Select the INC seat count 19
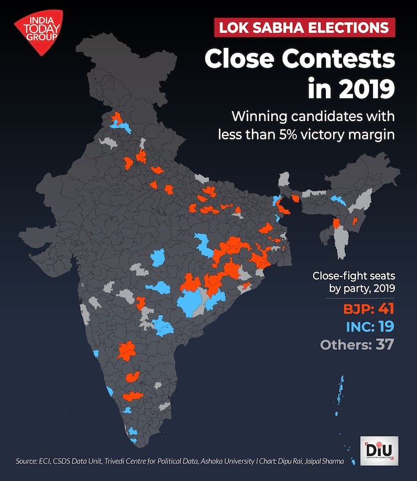pyautogui.click(x=383, y=327)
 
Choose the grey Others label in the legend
pyautogui.click(x=342, y=344)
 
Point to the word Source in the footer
pyautogui.click(x=26, y=462)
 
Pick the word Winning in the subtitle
pyautogui.click(x=254, y=117)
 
